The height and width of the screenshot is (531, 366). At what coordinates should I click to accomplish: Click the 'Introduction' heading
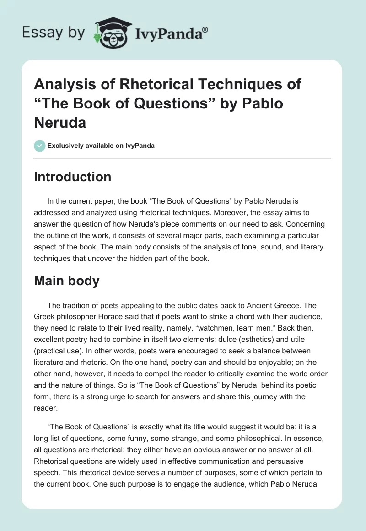pyautogui.click(x=72, y=177)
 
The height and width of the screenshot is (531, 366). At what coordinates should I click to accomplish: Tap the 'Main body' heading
pyautogui.click(x=66, y=281)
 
